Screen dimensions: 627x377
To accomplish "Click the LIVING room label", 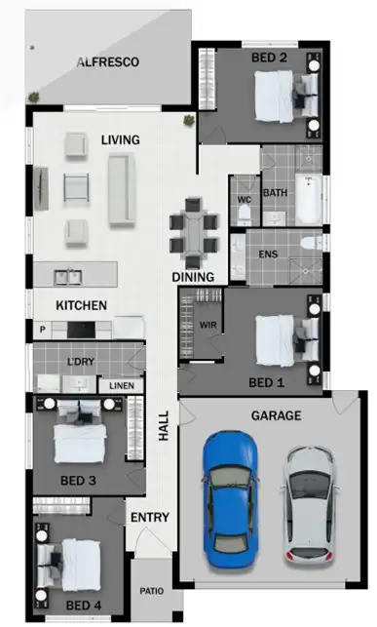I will pos(120,140).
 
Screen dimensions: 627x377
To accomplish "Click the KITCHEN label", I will pos(81,305).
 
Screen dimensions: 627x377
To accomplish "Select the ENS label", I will pos(268,255).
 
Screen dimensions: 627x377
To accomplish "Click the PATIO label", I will pos(151,591).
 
